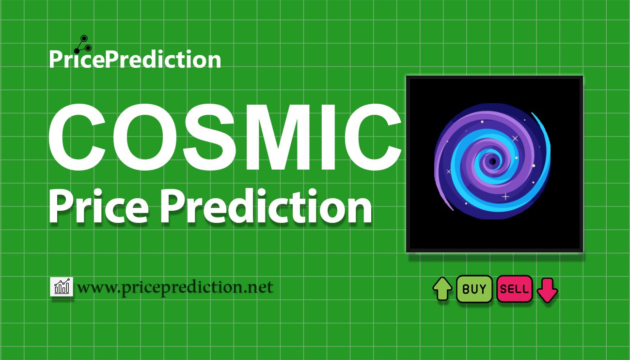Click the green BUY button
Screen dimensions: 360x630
click(474, 289)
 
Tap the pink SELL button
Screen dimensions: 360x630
click(514, 289)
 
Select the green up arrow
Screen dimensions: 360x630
click(442, 289)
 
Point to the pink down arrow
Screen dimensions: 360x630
click(547, 290)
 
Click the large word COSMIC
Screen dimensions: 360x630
click(225, 139)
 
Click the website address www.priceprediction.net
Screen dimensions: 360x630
click(175, 287)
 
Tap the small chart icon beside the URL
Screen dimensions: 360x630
click(62, 287)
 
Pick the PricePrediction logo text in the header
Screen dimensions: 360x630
click(135, 60)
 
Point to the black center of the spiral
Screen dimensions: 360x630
click(492, 161)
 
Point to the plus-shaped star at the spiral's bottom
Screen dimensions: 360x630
click(505, 197)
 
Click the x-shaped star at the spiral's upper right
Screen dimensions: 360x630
click(515, 139)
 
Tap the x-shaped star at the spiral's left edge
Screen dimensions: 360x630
click(448, 172)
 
